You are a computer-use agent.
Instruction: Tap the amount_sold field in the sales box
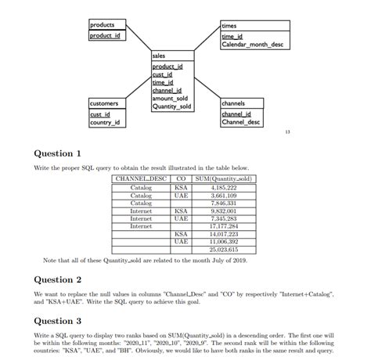[x=171, y=99]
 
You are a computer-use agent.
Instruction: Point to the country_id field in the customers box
[x=106, y=123]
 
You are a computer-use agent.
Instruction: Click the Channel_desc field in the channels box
[x=243, y=123]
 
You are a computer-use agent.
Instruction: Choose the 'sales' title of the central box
[x=159, y=56]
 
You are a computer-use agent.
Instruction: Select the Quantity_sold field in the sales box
[x=172, y=106]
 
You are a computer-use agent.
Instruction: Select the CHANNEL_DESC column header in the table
[x=142, y=180]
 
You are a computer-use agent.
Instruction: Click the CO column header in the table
[x=181, y=180]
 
